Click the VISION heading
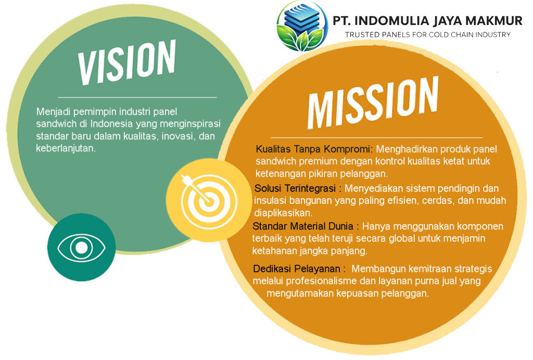pos(126,62)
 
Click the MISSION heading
pos(373,102)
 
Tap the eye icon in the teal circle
pos(81,248)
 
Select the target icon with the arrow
pos(208,201)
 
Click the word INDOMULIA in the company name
pos(391,21)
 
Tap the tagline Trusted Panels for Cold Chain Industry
pos(428,35)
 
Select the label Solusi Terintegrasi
pos(295,188)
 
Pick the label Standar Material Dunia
pos(302,226)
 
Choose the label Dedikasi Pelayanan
pos(296,268)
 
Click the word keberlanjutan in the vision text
pos(66,148)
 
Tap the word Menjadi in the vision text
pos(53,112)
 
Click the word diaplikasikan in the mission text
pos(283,213)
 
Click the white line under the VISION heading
pos(137,97)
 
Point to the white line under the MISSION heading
pos(377,137)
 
